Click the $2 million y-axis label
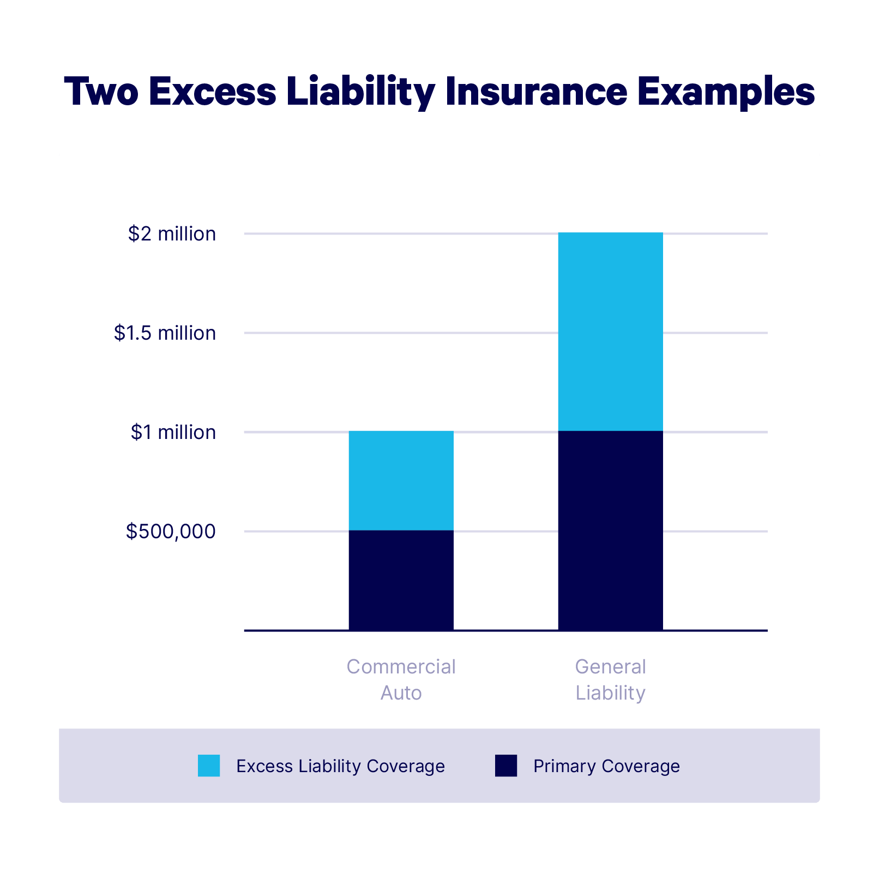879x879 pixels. pyautogui.click(x=172, y=234)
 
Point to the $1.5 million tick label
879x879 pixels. pyautogui.click(x=165, y=333)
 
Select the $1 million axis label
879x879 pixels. pyautogui.click(x=173, y=432)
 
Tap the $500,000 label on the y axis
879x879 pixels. pyautogui.click(x=171, y=532)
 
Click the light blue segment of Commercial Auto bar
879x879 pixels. pyautogui.click(x=401, y=480)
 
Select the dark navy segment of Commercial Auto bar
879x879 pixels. pyautogui.click(x=401, y=580)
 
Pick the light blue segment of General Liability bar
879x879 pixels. pyautogui.click(x=610, y=332)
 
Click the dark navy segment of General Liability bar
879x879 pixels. pyautogui.click(x=610, y=531)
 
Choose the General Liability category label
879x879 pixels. pyautogui.click(x=610, y=679)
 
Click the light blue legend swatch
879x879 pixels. pyautogui.click(x=209, y=766)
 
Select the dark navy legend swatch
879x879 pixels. pyautogui.click(x=506, y=766)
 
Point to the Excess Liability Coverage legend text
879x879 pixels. pyautogui.click(x=340, y=766)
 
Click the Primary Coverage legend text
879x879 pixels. pyautogui.click(x=606, y=766)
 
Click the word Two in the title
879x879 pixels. pyautogui.click(x=101, y=91)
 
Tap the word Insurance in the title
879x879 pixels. pyautogui.click(x=536, y=91)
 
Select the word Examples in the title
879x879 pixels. pyautogui.click(x=726, y=91)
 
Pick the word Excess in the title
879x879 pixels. pyautogui.click(x=212, y=91)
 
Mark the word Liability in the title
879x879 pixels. pyautogui.click(x=360, y=91)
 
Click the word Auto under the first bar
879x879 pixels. pyautogui.click(x=401, y=693)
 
